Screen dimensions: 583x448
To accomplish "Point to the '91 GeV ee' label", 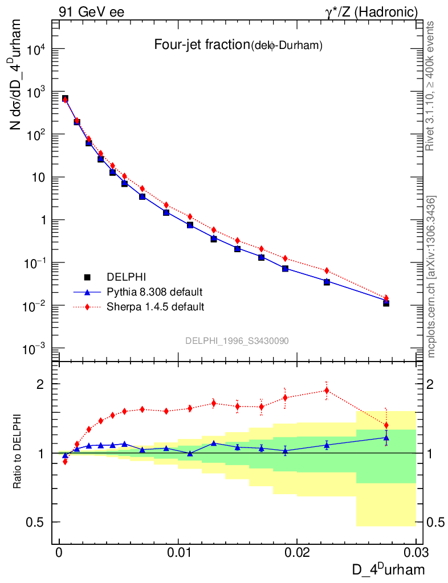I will (x=91, y=11).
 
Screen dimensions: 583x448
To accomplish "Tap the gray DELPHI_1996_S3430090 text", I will (x=237, y=340).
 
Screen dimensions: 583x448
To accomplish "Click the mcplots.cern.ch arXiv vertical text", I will (x=433, y=277).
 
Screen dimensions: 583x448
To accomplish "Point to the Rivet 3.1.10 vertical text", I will (x=430, y=86).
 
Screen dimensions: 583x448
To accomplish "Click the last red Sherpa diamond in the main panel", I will (x=386, y=298).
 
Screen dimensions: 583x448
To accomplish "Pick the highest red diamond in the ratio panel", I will (x=327, y=391).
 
